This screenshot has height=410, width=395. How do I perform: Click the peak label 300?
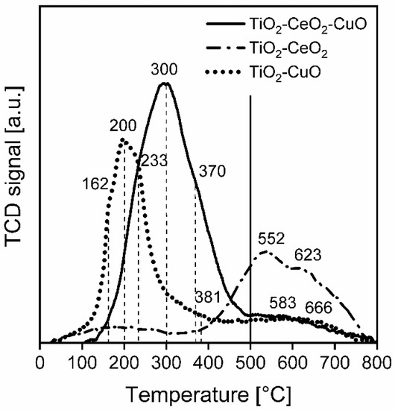[165, 68]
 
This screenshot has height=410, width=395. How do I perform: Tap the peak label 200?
[122, 125]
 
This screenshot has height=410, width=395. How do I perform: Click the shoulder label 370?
[212, 172]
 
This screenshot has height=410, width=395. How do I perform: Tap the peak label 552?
[272, 239]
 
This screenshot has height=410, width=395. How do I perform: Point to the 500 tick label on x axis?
[250, 362]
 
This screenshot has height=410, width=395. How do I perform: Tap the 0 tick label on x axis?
[39, 362]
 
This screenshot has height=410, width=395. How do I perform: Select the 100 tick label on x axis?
[82, 362]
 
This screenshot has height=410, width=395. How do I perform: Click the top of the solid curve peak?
[165, 83]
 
